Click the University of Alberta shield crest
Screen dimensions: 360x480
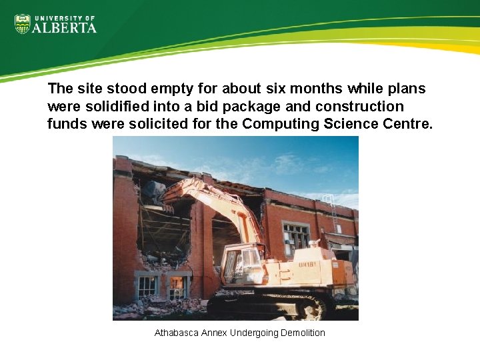(x=23, y=25)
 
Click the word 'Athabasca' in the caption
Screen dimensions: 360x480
(x=176, y=332)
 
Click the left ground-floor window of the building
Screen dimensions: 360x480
(x=147, y=287)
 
